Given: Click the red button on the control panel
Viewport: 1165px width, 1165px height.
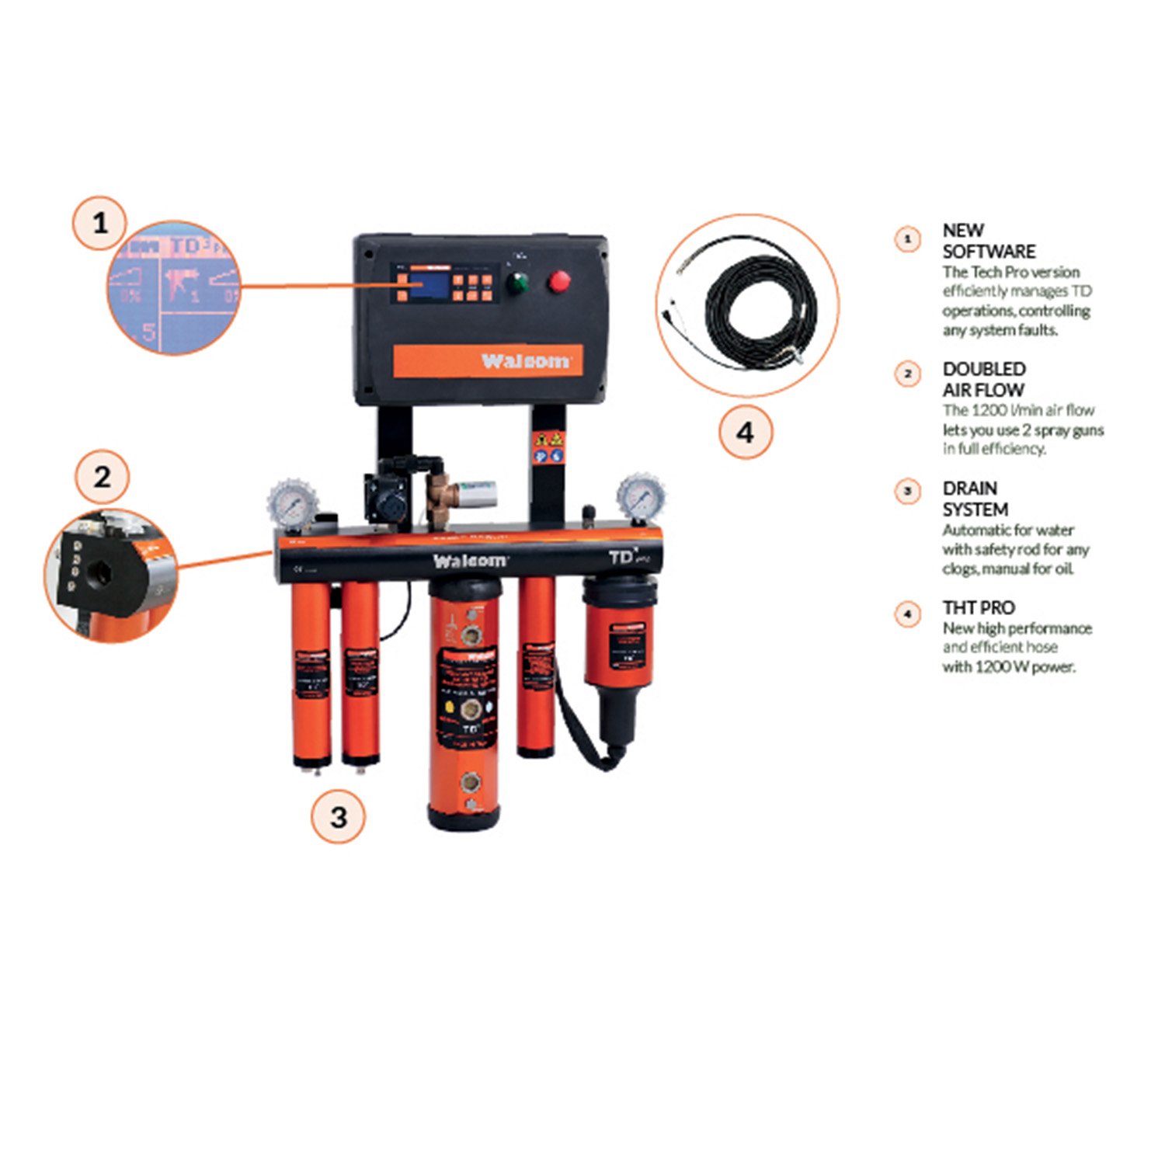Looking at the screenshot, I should tap(558, 281).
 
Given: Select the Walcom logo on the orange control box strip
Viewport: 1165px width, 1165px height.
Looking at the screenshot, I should tap(525, 361).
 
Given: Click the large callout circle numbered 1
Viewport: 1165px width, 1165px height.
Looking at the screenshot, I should tap(99, 224).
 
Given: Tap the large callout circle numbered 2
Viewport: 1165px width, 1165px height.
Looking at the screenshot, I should tap(102, 477).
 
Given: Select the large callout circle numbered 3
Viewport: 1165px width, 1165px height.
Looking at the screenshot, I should tap(338, 816).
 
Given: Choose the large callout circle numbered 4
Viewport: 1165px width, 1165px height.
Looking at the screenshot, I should tap(745, 432).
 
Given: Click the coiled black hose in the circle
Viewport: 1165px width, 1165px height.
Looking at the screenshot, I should tap(761, 311).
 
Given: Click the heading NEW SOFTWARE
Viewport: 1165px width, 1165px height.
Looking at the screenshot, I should tap(988, 241).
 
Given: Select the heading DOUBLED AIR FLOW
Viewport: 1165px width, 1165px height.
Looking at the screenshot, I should tap(983, 379).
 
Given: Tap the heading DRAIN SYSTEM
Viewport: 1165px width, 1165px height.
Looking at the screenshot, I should tap(975, 499).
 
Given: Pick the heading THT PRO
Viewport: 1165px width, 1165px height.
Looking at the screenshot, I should tap(978, 607).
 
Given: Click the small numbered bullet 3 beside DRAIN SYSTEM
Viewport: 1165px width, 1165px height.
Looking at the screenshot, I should tap(907, 491).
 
